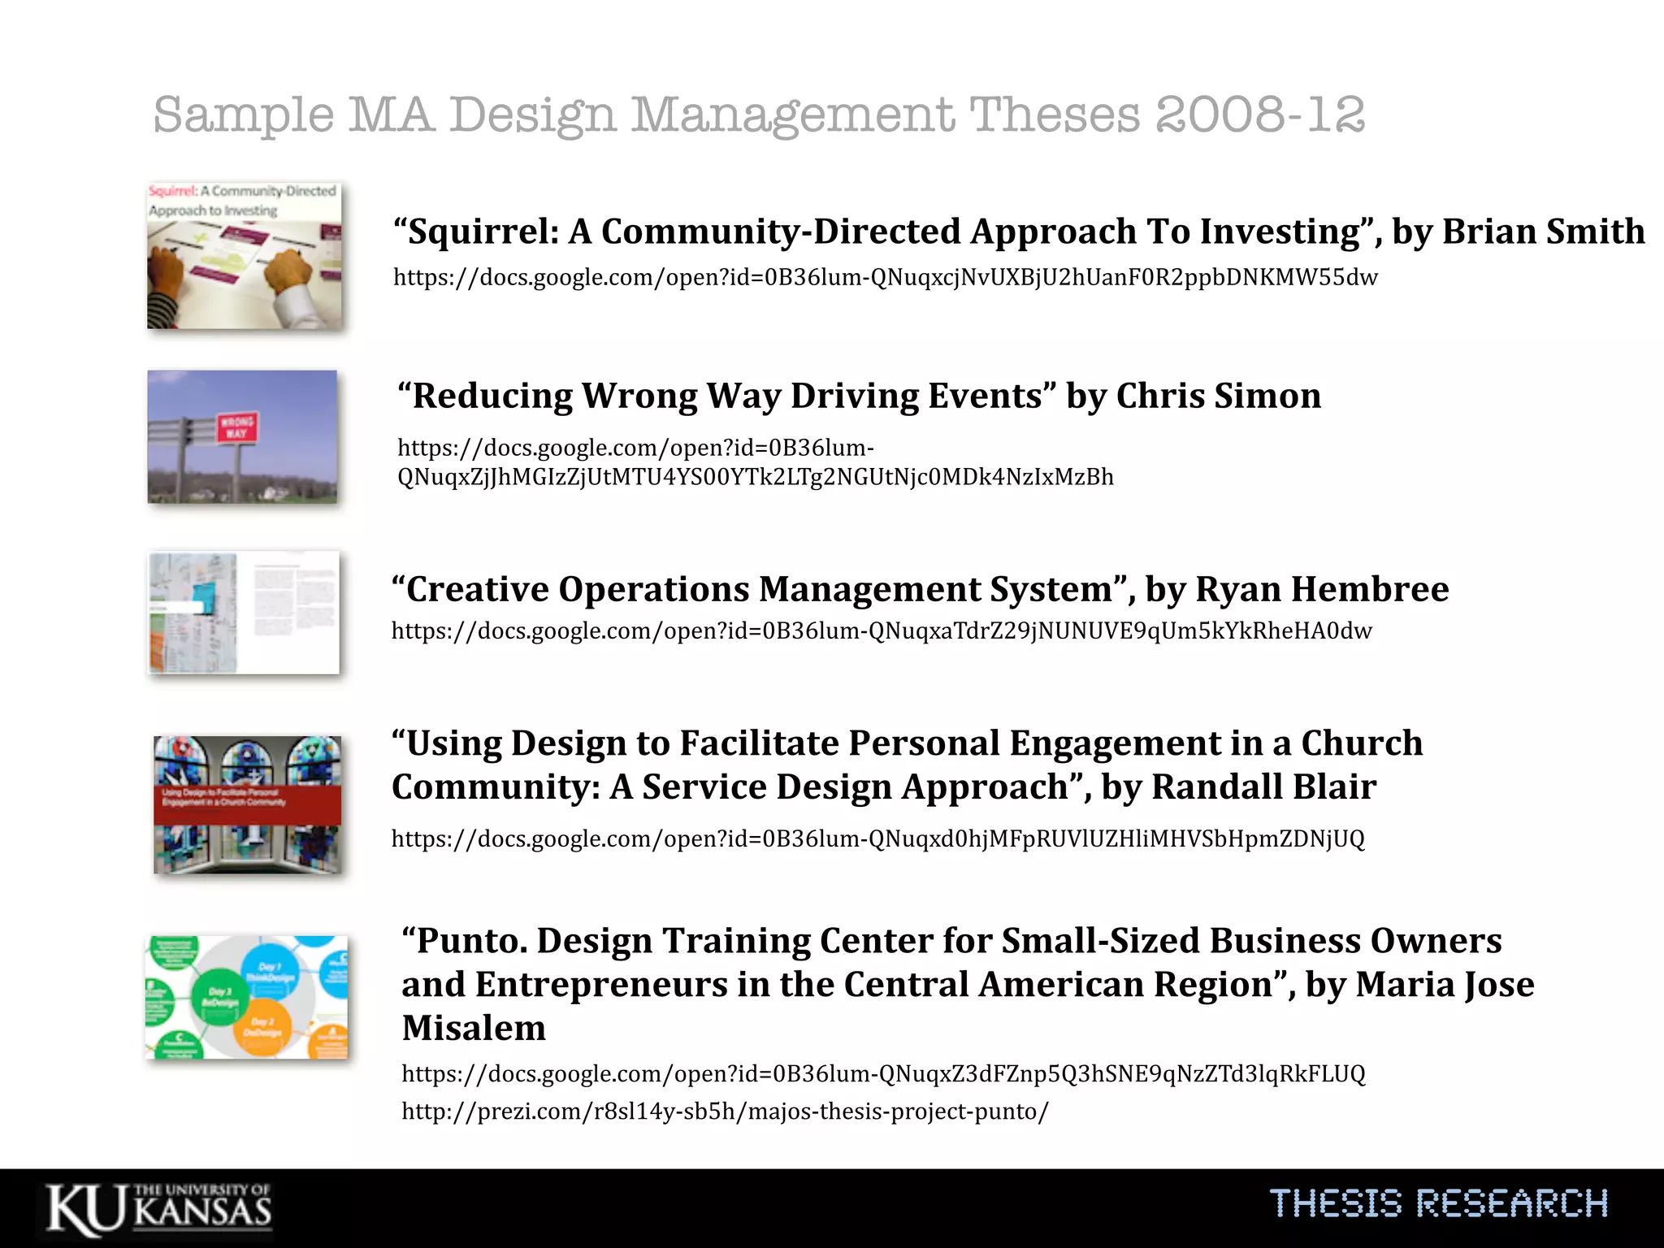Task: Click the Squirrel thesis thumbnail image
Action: click(x=245, y=256)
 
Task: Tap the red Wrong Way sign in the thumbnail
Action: click(x=236, y=427)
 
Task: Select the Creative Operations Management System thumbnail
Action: click(x=244, y=613)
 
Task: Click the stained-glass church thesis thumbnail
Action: click(x=248, y=804)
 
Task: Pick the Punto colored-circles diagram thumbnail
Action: click(x=247, y=997)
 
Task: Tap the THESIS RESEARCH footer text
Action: click(x=1438, y=1203)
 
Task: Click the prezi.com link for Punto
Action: click(x=725, y=1111)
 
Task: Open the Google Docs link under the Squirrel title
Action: click(x=886, y=277)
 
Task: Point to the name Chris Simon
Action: click(x=1218, y=396)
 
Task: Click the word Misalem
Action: click(x=474, y=1028)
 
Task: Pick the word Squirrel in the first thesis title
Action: click(x=483, y=232)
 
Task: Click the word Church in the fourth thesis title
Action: click(x=1362, y=743)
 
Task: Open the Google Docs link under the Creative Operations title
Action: click(x=882, y=630)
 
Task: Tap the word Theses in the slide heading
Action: click(x=1055, y=115)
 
